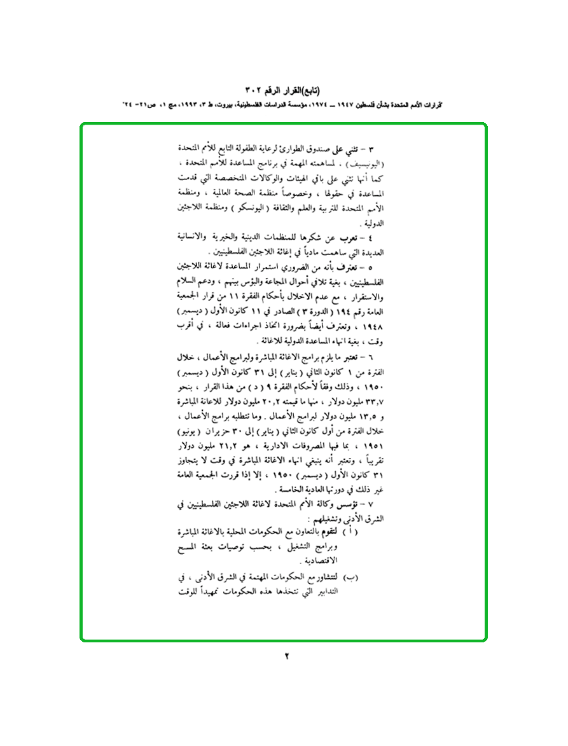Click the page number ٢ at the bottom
tap(286, 656)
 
